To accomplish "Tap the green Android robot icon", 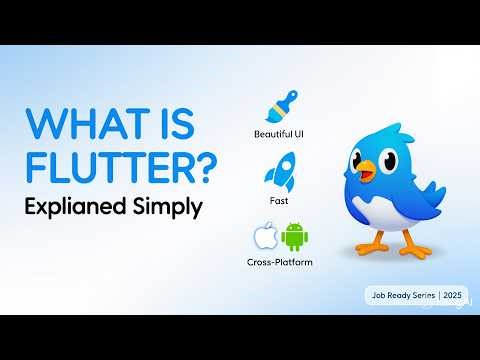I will click(x=294, y=238).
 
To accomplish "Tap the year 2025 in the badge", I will click(x=453, y=297).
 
